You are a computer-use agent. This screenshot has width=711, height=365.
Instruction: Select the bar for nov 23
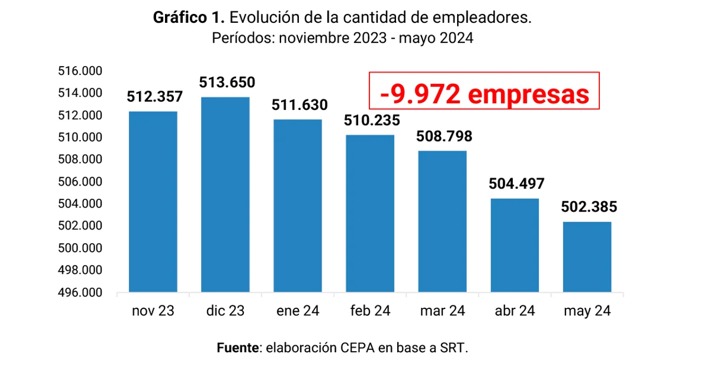coord(153,202)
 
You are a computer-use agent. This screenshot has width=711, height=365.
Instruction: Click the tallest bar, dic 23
coord(225,194)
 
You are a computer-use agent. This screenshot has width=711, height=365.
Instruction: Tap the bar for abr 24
coord(515,245)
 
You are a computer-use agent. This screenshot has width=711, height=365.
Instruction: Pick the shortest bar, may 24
coord(587,257)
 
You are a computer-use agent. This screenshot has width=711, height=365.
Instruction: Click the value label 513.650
coord(227,83)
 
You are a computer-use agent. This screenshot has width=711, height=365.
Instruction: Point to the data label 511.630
coord(299,105)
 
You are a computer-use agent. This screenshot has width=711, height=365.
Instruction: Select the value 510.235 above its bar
coord(372,121)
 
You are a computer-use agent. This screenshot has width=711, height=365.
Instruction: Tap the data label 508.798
coord(444,136)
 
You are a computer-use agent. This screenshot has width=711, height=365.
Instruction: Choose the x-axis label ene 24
coord(298,311)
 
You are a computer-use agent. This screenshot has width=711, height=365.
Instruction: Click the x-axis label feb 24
coord(370,311)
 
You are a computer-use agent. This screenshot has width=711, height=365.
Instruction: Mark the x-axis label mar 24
coord(443,311)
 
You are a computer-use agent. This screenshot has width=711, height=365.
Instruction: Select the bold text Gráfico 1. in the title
coord(189,18)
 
